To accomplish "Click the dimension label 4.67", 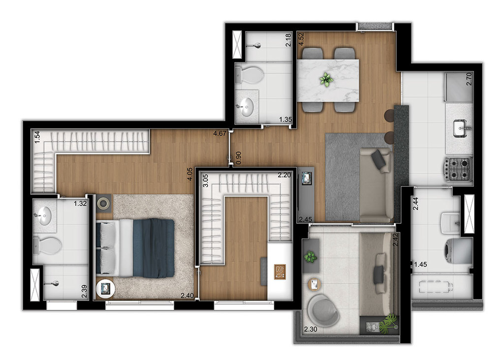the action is [220, 133].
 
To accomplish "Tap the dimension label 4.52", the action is [301, 40].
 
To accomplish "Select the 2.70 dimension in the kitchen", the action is [469, 79].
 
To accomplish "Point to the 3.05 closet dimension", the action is [205, 180].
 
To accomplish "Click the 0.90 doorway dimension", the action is [238, 158].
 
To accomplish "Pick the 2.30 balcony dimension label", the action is [311, 329].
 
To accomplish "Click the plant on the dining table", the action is [327, 79].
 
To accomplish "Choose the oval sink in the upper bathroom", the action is [248, 106].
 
